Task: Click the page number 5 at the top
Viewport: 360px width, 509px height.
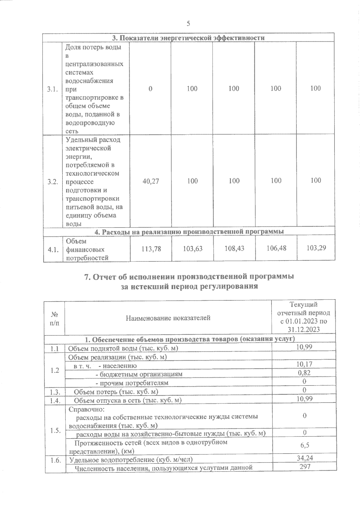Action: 188,24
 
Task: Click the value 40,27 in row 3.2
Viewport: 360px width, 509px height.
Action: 150,181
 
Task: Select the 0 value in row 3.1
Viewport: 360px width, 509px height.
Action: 150,88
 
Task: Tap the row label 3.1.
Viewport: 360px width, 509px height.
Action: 52,89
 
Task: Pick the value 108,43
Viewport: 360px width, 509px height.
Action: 234,248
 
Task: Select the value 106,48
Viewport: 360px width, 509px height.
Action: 276,248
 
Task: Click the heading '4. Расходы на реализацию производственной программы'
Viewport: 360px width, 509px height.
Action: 189,232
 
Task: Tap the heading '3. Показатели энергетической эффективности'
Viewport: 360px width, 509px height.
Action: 188,38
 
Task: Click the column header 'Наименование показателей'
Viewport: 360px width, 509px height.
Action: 168,318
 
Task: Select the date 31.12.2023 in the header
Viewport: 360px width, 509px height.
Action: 303,329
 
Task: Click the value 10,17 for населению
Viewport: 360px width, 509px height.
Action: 304,364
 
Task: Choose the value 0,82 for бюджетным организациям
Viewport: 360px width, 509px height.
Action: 304,373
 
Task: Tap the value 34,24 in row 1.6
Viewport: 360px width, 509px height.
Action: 304,458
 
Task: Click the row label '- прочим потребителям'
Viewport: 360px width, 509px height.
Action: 132,383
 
